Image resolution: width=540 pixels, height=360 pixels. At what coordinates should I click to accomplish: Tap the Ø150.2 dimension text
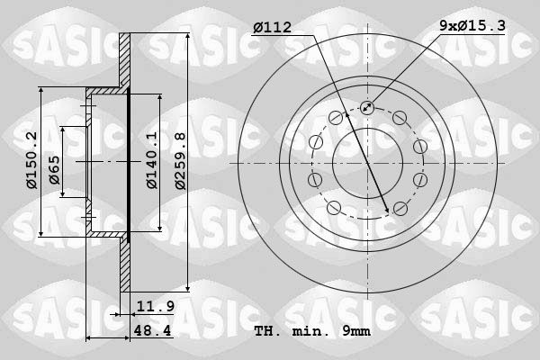pos(31,160)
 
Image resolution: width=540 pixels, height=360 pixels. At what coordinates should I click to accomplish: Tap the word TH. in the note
pos(267,331)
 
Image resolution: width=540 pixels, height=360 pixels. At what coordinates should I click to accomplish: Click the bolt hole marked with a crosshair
pos(367,108)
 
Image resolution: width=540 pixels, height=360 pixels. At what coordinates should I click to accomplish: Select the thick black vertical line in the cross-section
pos(129,164)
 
